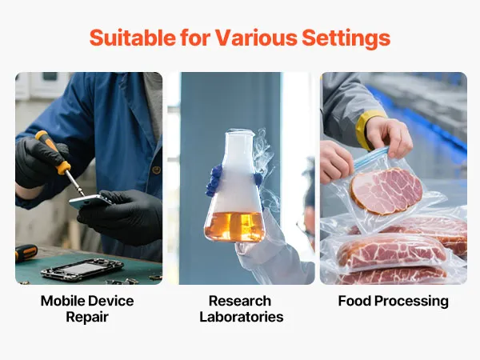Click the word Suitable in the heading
(x=133, y=38)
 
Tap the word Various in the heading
(x=256, y=38)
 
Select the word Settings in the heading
(x=346, y=38)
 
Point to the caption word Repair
(x=87, y=317)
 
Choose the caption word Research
(x=240, y=301)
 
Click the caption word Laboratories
(x=242, y=317)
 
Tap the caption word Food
(x=354, y=301)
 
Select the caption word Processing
(x=412, y=302)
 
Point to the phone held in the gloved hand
(x=90, y=202)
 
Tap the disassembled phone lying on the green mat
(x=82, y=269)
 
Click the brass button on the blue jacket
(x=157, y=170)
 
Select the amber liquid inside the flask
(x=235, y=226)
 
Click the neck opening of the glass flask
(x=240, y=133)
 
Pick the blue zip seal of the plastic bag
(x=371, y=158)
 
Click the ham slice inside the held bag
(x=386, y=190)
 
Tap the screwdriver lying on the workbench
(x=26, y=252)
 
